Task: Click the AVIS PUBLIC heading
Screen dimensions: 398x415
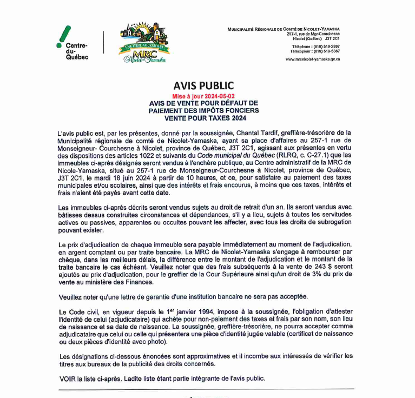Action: [203, 85]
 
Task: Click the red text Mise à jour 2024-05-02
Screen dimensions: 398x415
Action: [203, 95]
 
